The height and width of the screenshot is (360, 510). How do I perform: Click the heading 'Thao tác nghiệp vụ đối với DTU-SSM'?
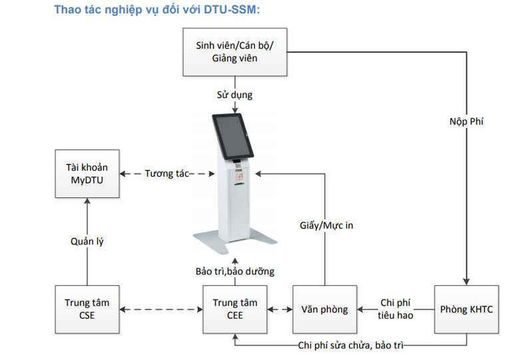[157, 10]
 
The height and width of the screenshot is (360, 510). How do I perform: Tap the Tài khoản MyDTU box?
[87, 173]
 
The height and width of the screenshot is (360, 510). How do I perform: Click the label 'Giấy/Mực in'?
[326, 225]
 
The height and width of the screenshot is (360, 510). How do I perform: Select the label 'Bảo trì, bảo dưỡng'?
[235, 271]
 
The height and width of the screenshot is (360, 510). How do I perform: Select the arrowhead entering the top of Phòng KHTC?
[466, 281]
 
